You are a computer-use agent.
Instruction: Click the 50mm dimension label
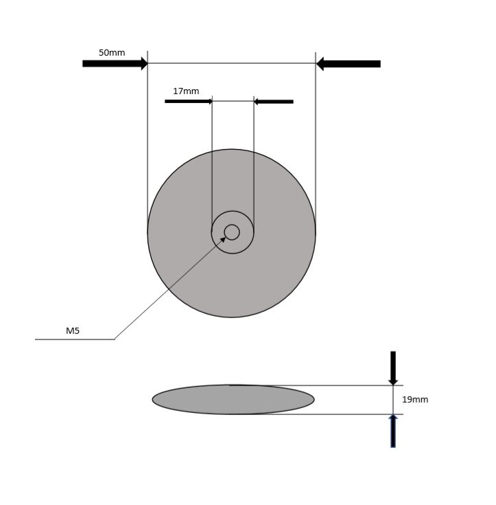click(112, 52)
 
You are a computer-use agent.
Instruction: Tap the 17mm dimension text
click(186, 91)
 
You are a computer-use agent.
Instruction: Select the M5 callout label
click(73, 330)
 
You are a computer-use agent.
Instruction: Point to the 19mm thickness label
click(415, 400)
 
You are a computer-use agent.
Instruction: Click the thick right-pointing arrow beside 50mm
click(115, 63)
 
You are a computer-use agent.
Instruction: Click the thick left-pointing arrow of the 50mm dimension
click(349, 64)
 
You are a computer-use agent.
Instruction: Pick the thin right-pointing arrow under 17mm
click(189, 102)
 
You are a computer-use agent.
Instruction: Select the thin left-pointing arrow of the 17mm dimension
click(274, 102)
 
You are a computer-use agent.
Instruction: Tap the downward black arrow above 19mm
click(393, 368)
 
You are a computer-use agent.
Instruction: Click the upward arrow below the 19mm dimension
click(393, 431)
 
